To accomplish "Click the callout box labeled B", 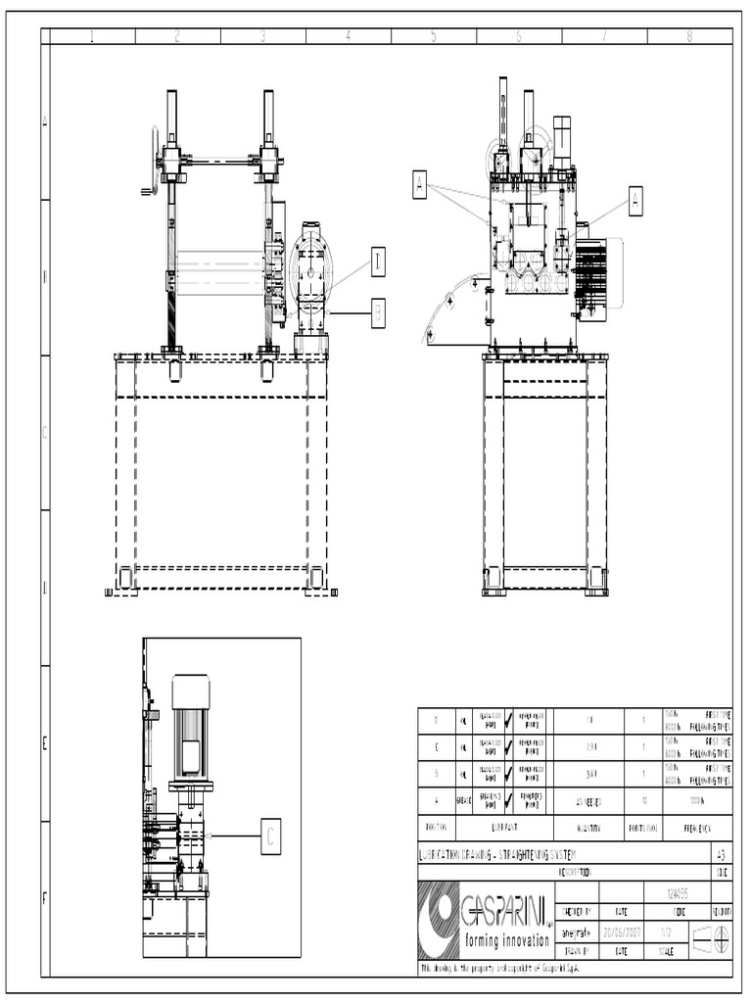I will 378,312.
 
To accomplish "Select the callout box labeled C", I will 271,836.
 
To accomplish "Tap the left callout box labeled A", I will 420,183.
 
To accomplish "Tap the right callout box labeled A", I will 635,200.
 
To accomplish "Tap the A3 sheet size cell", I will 722,854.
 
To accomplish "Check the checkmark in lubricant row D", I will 507,720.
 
